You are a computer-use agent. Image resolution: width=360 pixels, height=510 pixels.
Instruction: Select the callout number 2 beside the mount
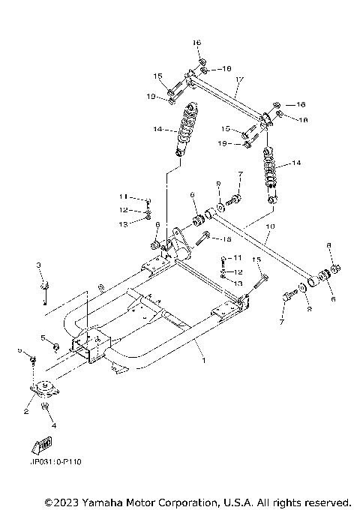tap(26, 411)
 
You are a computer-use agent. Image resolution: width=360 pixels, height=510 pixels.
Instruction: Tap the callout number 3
tap(39, 265)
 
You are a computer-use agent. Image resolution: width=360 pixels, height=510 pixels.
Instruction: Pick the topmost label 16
tap(197, 42)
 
